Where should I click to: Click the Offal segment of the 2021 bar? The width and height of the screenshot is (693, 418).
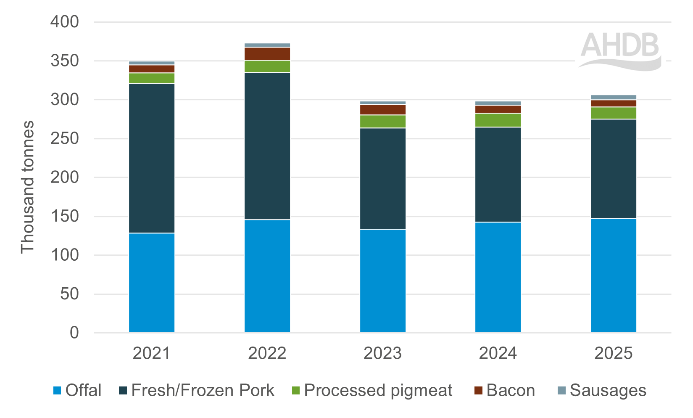[x=152, y=283]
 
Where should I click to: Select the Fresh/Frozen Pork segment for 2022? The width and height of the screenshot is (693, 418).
[x=267, y=146]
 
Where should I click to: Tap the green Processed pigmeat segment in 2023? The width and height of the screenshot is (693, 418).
[x=383, y=122]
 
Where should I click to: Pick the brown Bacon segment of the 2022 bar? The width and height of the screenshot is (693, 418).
[x=267, y=54]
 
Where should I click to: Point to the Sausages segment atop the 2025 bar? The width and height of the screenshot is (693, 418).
[x=614, y=97]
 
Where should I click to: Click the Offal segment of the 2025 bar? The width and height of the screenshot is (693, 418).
[x=614, y=275]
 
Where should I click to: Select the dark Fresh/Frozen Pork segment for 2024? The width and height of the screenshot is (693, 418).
[x=498, y=175]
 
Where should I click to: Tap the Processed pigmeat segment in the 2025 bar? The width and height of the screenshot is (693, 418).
[x=614, y=113]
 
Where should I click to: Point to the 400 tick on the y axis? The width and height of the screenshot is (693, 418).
[x=65, y=22]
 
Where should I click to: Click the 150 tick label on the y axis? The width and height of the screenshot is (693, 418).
[x=65, y=216]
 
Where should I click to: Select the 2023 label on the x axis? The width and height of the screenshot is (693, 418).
[x=382, y=353]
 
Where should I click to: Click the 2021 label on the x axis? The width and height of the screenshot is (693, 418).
[x=152, y=353]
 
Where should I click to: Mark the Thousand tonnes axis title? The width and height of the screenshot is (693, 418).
[x=28, y=187]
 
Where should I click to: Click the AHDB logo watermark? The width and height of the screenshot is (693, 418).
[x=620, y=50]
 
